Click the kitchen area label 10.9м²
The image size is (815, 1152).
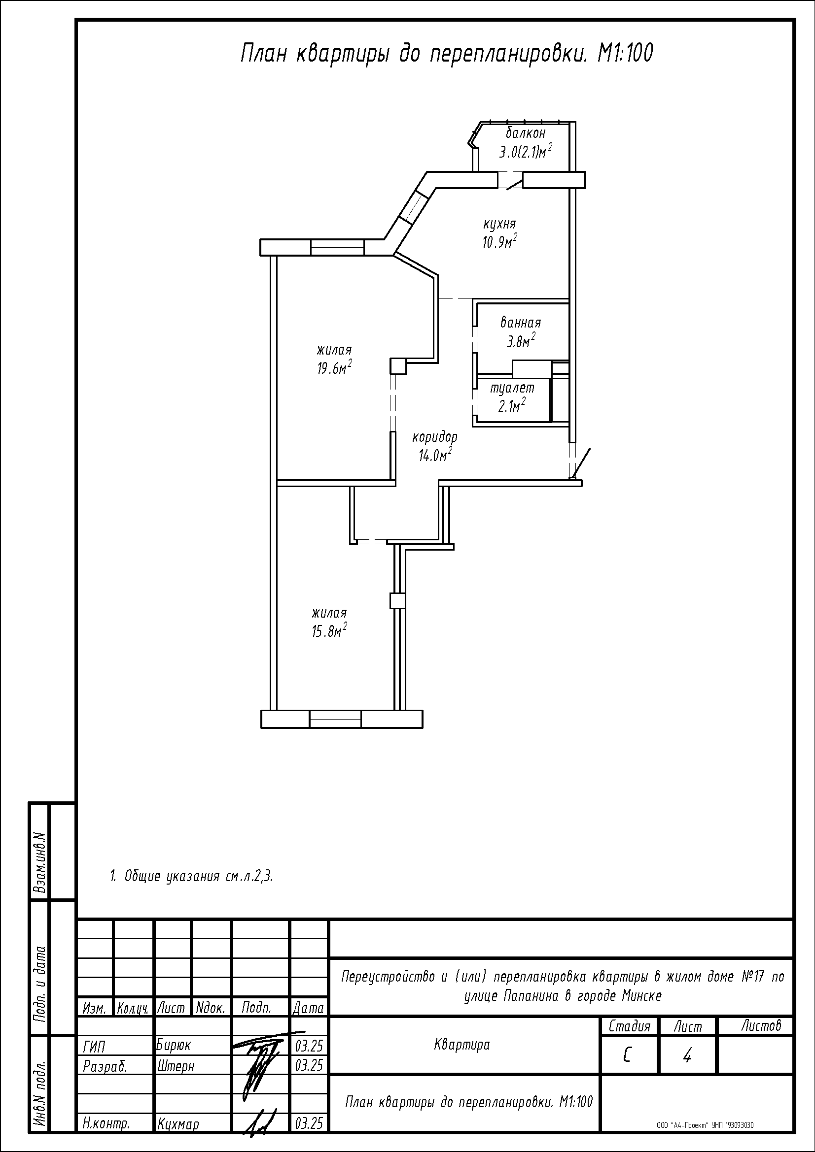pos(499,241)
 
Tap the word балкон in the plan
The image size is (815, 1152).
pos(525,133)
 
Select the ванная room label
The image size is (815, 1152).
pos(520,323)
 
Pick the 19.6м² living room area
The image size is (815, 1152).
pos(334,368)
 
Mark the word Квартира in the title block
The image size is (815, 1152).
pos(461,1045)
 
